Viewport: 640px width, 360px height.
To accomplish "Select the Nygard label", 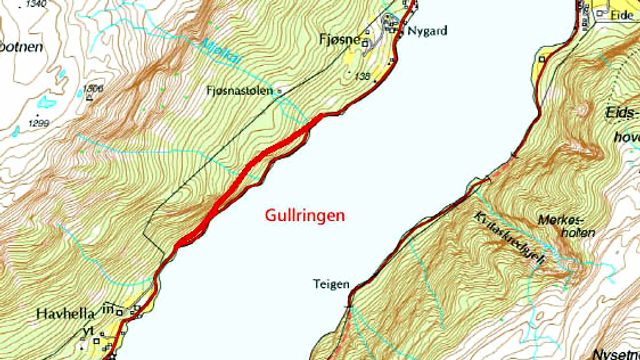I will (x=424, y=31).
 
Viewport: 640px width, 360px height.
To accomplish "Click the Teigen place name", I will (x=331, y=284).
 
